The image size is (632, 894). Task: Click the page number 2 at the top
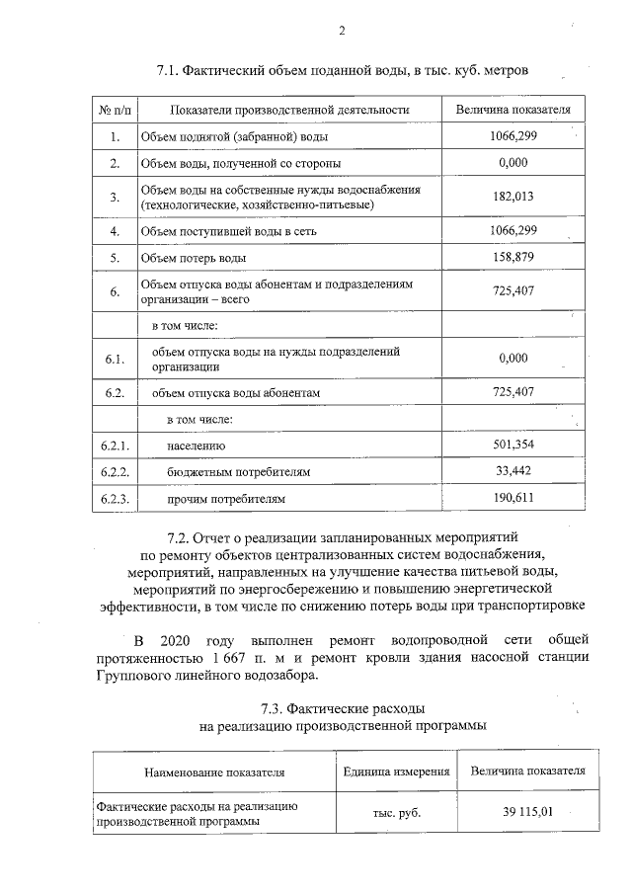341,31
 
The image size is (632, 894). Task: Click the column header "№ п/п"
115,108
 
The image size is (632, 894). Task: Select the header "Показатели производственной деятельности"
288,108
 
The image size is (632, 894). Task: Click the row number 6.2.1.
115,446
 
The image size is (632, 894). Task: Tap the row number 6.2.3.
115,499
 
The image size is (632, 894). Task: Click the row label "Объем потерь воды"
193,259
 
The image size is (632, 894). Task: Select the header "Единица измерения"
396,772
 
